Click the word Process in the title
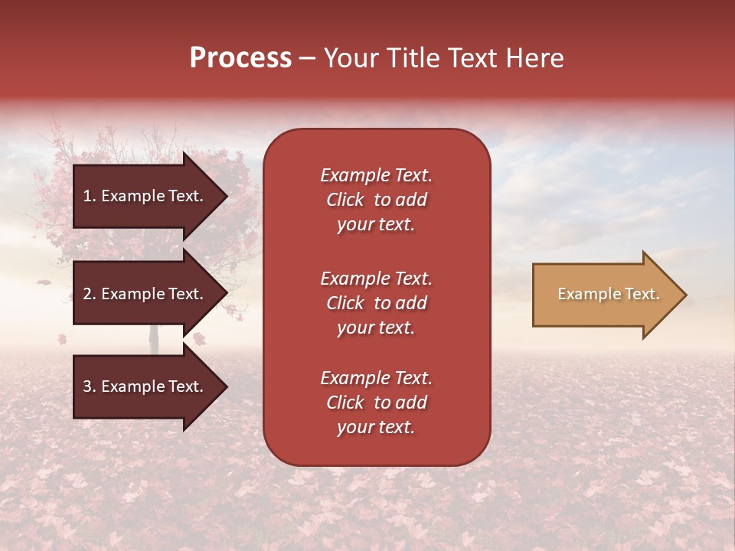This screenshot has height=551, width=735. point(240,58)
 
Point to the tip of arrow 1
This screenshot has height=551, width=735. point(226,196)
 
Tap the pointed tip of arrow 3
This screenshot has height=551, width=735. point(226,387)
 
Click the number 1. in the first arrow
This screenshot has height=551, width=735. point(90,196)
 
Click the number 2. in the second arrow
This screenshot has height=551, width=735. point(90,294)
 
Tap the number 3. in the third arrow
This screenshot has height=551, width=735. point(90,386)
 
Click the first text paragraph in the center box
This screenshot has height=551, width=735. point(376,200)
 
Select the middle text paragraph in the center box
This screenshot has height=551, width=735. point(376,303)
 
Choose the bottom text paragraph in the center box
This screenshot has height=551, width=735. point(376,403)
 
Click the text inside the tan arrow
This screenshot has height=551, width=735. point(608,294)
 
